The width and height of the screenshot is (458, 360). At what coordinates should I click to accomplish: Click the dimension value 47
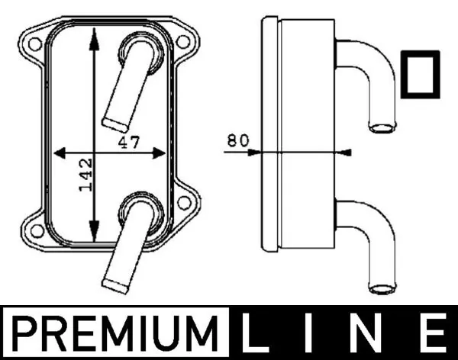click(127, 141)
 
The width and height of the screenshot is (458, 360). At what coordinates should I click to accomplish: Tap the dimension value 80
click(238, 141)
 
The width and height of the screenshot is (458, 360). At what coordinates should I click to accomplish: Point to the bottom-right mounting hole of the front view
click(182, 202)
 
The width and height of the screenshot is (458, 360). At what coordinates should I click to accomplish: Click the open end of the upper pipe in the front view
click(114, 121)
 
